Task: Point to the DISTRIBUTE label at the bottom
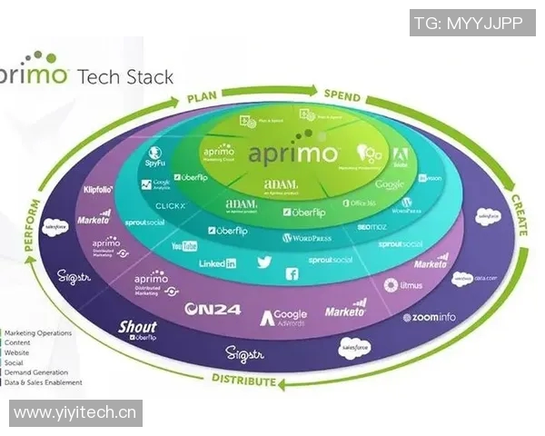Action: click(x=243, y=380)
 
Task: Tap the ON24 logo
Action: click(x=212, y=309)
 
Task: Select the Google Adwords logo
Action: click(x=284, y=316)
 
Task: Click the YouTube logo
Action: click(x=184, y=246)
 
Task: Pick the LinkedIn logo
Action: click(x=218, y=263)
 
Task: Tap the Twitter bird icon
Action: click(x=264, y=262)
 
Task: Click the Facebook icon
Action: click(x=292, y=273)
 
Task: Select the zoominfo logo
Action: click(x=429, y=317)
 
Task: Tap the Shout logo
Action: click(x=138, y=329)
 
